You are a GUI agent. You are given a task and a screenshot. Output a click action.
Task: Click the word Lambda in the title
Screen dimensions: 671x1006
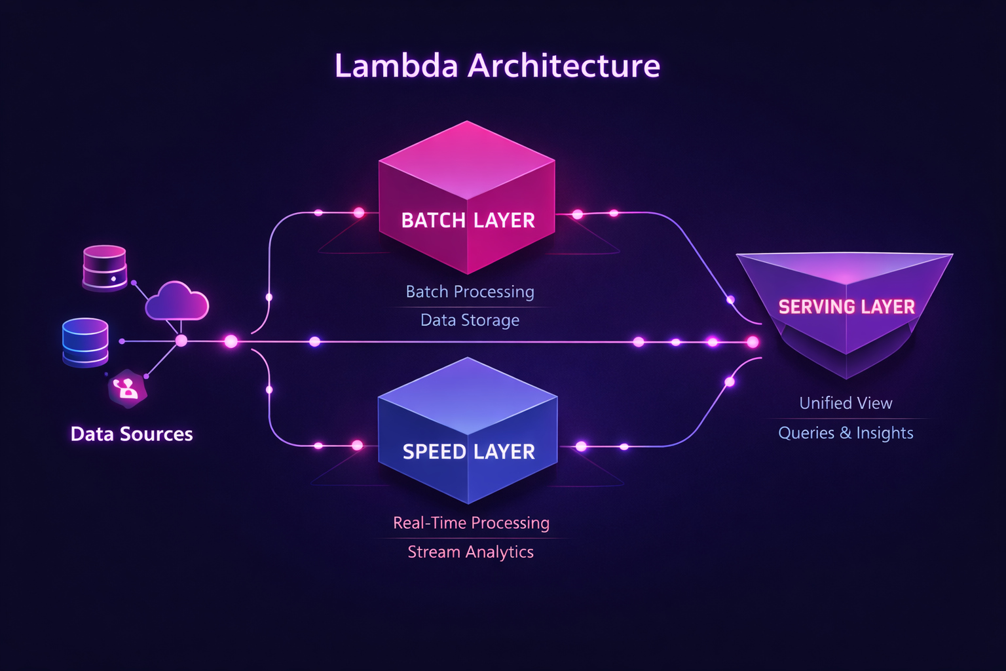coord(396,66)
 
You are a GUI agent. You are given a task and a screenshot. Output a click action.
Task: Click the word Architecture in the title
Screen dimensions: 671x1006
coord(564,66)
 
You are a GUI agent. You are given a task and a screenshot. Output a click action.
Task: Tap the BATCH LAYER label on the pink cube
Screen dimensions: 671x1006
coord(468,220)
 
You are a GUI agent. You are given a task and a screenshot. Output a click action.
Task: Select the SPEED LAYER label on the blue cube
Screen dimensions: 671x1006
coord(468,451)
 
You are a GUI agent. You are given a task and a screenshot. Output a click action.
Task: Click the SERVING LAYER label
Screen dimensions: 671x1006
coord(846,307)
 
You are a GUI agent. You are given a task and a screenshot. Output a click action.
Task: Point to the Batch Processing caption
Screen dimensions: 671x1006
coord(470,292)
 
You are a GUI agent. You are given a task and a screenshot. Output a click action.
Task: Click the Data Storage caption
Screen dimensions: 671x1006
coord(470,320)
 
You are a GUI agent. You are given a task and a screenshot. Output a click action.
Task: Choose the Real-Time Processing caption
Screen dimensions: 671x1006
coord(471,523)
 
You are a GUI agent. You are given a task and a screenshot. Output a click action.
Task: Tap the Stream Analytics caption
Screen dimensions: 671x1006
coord(470,552)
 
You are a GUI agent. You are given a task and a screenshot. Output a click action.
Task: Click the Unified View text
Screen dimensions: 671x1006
coord(846,403)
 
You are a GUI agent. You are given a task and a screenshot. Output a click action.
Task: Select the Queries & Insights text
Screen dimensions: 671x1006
coord(846,433)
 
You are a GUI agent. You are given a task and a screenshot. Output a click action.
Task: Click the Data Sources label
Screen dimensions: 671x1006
coord(132,434)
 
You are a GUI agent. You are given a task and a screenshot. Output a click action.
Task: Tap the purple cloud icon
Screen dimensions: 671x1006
coord(176,302)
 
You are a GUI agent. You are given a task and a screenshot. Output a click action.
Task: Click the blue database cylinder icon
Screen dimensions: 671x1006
coord(85,341)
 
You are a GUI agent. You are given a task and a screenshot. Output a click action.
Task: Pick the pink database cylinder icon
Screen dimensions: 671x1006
coord(105,267)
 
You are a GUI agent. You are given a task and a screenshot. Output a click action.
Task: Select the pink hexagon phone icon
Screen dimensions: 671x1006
coord(127,389)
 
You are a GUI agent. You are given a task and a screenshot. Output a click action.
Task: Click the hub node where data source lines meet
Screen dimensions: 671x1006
coord(181,341)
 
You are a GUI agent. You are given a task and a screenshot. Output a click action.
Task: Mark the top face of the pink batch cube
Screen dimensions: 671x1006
coord(466,161)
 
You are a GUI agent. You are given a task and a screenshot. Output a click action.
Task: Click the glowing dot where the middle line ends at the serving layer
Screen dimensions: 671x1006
coord(753,342)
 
